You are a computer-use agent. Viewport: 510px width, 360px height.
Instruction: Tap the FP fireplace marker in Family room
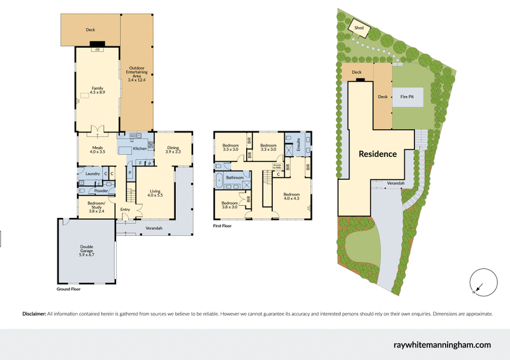click(x=98, y=49)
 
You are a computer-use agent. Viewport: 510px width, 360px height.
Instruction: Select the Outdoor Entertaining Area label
click(x=136, y=74)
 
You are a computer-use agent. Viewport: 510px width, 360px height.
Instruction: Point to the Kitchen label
click(x=140, y=149)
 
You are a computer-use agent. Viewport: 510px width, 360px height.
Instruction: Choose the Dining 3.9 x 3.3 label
click(x=173, y=150)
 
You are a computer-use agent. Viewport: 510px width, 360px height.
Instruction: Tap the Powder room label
click(x=101, y=191)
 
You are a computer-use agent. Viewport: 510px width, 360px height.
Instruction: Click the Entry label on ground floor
click(x=124, y=209)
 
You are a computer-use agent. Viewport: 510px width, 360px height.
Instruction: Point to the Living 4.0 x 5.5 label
click(x=156, y=192)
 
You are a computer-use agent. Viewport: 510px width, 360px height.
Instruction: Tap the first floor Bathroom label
click(x=235, y=178)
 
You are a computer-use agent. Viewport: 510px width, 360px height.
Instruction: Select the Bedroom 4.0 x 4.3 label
click(x=291, y=196)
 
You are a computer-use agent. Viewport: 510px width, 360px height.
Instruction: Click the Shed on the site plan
click(x=359, y=28)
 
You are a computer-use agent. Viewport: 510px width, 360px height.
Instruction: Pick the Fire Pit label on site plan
click(x=407, y=97)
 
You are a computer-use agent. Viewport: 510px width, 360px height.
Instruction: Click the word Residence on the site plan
click(x=377, y=154)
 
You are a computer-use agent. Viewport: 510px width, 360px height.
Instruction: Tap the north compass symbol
click(x=481, y=282)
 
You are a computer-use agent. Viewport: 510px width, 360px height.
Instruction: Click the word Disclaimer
click(x=34, y=314)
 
